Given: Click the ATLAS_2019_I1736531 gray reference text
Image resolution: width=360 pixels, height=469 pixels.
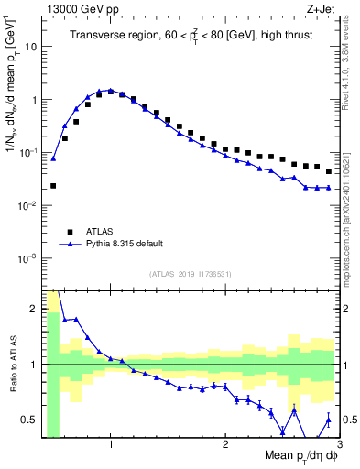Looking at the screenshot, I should (191, 274).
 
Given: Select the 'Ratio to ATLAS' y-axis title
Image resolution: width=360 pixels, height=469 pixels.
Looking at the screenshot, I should (13, 364).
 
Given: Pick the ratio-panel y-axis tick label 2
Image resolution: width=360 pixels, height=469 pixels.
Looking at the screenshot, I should (33, 309).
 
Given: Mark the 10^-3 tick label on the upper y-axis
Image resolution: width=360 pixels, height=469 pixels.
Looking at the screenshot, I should (27, 258).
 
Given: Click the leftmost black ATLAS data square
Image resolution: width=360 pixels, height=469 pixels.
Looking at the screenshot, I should (53, 186).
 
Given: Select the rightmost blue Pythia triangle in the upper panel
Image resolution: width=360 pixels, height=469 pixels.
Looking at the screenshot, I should (329, 188).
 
